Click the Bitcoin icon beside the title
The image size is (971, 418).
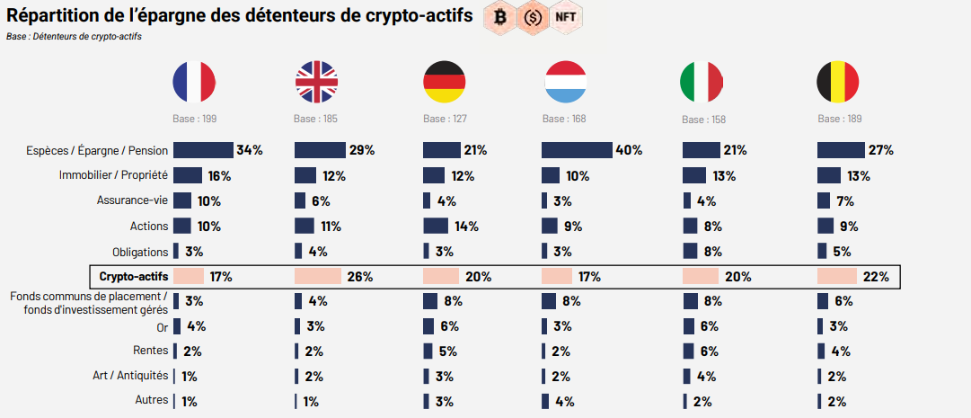click(500, 16)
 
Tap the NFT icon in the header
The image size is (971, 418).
click(566, 16)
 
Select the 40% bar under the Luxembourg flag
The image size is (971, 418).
click(577, 150)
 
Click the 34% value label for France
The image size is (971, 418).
click(249, 150)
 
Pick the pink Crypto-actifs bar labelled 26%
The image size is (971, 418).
click(318, 276)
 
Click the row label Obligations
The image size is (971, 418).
click(140, 251)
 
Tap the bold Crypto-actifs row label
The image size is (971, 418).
click(133, 276)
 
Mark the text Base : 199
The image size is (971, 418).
click(195, 120)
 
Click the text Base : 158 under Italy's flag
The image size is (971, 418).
click(703, 120)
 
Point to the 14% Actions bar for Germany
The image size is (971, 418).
click(436, 226)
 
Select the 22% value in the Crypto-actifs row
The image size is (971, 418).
click(876, 277)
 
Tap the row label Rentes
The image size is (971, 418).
click(150, 351)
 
